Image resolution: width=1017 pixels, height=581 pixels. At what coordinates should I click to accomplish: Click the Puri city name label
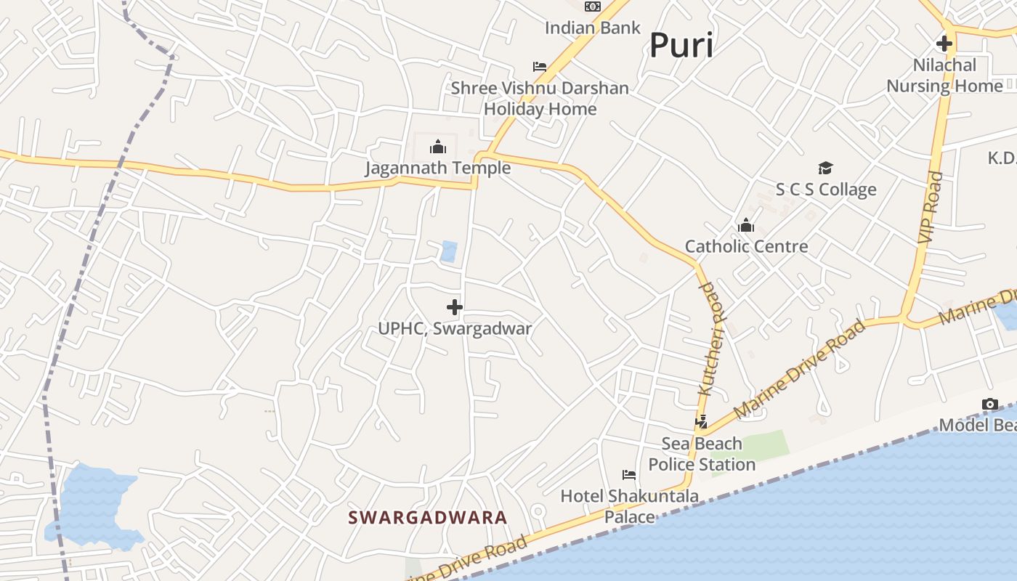(x=681, y=46)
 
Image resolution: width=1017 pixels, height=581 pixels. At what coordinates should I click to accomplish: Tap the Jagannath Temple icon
(x=438, y=147)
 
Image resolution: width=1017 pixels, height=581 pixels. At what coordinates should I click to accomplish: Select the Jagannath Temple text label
(x=437, y=168)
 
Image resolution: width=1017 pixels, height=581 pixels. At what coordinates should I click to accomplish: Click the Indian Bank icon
(x=593, y=7)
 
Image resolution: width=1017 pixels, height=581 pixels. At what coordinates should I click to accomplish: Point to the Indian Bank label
(x=593, y=28)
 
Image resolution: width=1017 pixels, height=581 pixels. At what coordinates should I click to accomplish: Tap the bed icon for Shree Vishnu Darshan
(x=540, y=67)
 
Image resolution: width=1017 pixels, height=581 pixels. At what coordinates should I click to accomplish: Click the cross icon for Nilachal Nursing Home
(x=944, y=44)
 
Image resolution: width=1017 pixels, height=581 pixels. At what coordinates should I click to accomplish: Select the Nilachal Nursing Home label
(x=944, y=76)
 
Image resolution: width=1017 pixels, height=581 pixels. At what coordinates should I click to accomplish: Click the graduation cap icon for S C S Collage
(x=825, y=168)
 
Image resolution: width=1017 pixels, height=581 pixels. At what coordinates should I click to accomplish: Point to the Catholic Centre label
(x=746, y=247)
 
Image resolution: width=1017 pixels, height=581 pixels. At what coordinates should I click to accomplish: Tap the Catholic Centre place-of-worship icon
(x=746, y=226)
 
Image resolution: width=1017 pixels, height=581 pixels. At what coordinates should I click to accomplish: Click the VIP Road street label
(x=930, y=207)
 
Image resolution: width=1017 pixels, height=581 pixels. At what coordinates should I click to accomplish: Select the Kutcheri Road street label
(x=711, y=339)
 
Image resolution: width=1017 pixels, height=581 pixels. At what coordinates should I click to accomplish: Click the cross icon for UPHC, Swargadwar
(x=455, y=307)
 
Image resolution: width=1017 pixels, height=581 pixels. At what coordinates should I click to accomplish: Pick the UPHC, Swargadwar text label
(x=455, y=329)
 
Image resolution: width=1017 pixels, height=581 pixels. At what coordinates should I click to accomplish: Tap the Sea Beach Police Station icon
(x=702, y=421)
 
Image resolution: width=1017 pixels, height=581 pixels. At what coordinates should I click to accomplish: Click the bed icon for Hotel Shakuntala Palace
(x=629, y=475)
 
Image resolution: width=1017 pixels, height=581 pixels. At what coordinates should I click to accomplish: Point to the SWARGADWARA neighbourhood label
(x=427, y=518)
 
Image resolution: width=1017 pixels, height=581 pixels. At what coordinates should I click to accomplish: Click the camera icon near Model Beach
(x=990, y=405)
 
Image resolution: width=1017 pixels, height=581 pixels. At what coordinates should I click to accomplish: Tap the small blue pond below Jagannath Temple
(x=449, y=251)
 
